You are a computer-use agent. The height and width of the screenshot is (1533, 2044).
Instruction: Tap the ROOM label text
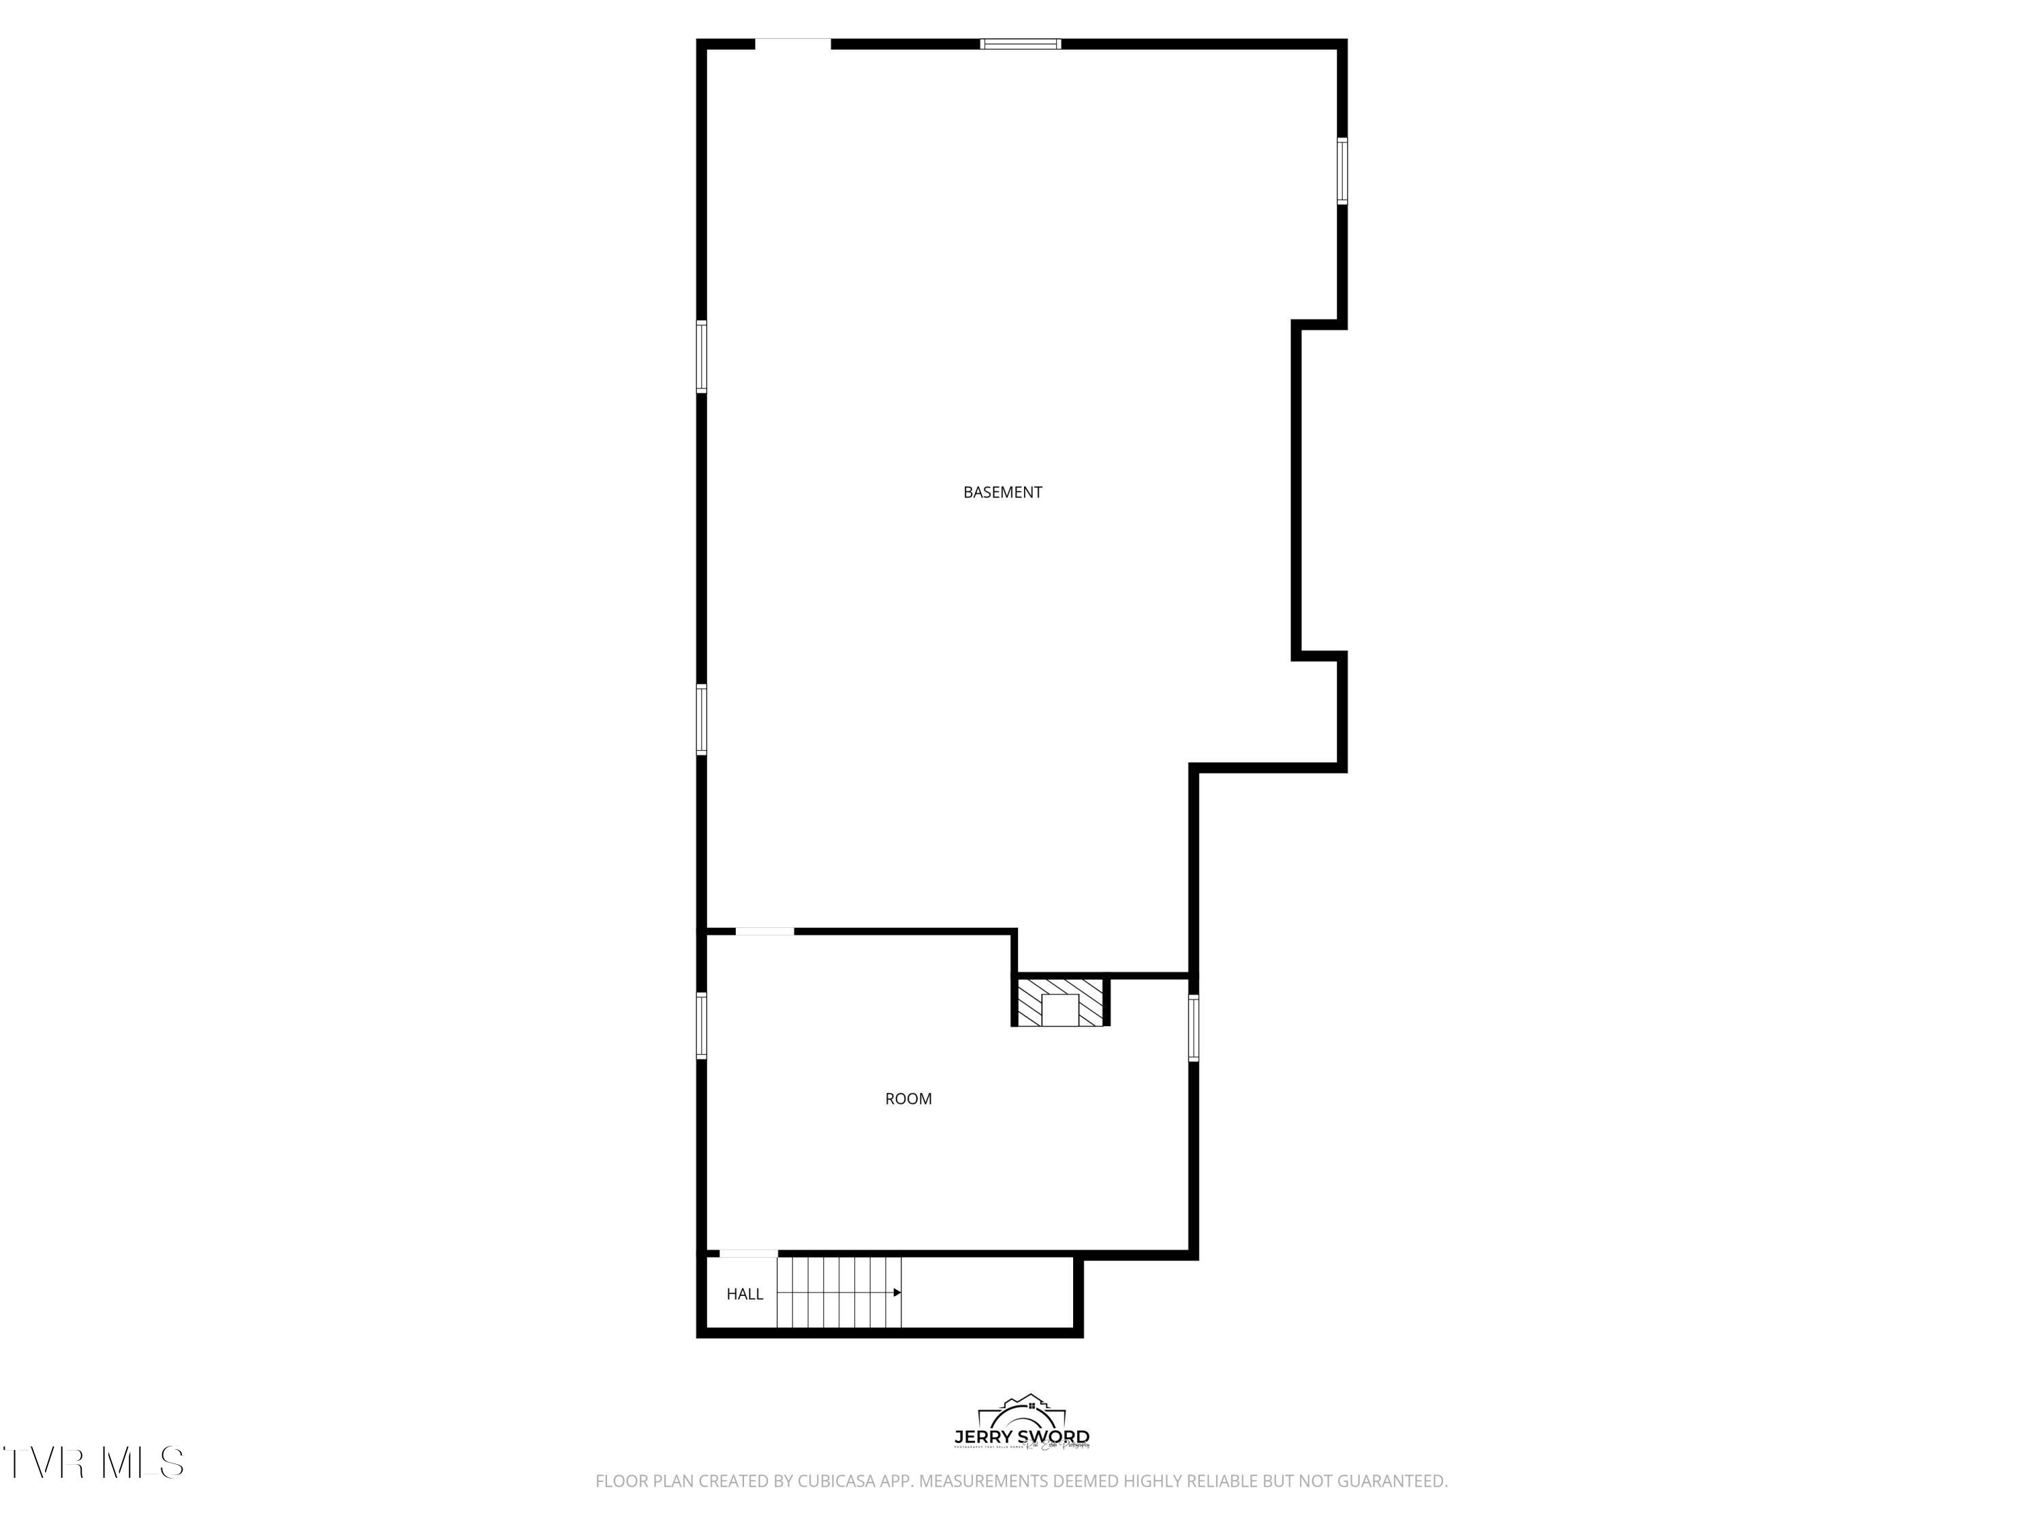tap(908, 1099)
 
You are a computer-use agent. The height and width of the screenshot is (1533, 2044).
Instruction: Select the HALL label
tap(744, 1294)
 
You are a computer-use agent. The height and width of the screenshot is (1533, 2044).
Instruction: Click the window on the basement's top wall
tap(1020, 44)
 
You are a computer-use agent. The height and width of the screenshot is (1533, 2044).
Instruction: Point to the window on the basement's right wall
tap(1342, 170)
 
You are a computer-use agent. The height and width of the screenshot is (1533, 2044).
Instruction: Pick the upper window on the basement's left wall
tap(701, 357)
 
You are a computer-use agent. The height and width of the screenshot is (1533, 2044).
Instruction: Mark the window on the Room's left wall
tap(701, 1025)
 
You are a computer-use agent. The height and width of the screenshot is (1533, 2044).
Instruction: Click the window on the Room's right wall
tap(1193, 1027)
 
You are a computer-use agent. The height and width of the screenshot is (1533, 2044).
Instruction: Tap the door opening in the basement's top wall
tap(793, 44)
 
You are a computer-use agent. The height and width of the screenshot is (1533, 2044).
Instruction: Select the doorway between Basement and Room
tap(764, 931)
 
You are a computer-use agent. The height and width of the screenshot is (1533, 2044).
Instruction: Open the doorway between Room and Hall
tap(749, 1254)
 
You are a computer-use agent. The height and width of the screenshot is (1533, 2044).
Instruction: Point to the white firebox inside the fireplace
tap(1060, 1009)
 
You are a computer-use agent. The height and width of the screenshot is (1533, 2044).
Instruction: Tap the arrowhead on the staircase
tap(897, 1292)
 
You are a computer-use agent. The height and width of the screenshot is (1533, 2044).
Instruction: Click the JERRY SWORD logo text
tap(1021, 1437)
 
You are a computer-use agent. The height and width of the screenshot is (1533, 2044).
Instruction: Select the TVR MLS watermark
tap(93, 1463)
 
